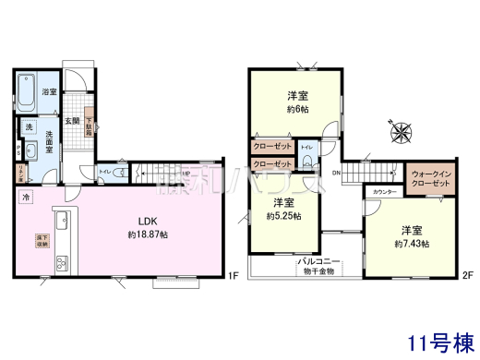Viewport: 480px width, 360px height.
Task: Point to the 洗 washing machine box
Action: click(29, 126)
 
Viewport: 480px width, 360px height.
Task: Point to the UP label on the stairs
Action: click(185, 173)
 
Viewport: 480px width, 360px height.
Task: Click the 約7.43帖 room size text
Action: click(413, 243)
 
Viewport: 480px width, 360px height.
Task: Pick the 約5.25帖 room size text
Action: click(283, 216)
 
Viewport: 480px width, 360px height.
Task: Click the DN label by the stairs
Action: click(338, 172)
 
